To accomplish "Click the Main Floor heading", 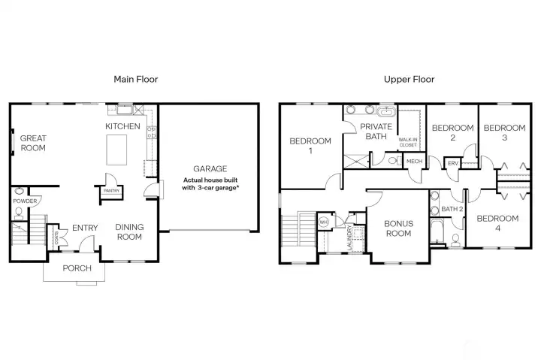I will (135, 79).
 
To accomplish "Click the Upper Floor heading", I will (409, 79).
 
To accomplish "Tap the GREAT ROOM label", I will (33, 143).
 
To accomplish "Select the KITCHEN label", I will (122, 126).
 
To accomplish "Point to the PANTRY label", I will (111, 191).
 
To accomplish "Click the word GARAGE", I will (210, 169).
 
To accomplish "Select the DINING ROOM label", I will (129, 231).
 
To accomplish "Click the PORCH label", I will (77, 268).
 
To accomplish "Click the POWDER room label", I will (25, 201).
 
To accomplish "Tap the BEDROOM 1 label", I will (310, 146).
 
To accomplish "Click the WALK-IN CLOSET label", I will (408, 142).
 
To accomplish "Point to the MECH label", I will (414, 162).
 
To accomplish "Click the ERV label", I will (453, 162).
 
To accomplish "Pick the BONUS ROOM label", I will (397, 228).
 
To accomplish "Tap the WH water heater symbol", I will (325, 222).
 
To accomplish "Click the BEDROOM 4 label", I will (497, 223).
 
